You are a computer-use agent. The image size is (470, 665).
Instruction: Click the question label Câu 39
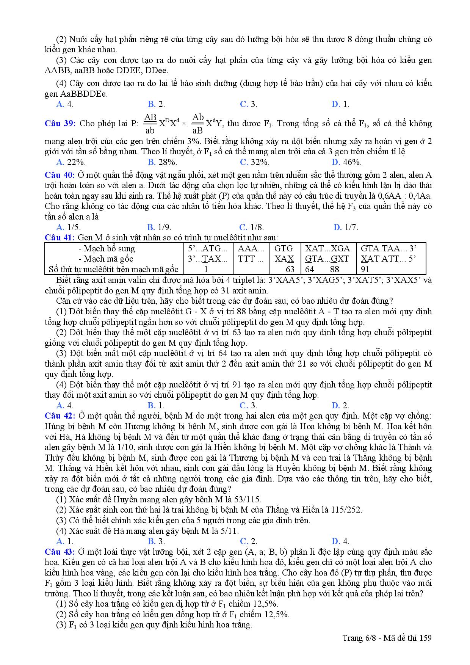click(60, 124)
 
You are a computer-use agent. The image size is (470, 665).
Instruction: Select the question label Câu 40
click(60, 175)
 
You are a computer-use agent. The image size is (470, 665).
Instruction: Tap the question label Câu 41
click(60, 238)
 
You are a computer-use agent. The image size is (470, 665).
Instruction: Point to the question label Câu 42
click(60, 416)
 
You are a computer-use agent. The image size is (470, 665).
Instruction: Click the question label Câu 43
click(60, 552)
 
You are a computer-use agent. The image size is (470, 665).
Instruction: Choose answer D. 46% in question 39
click(346, 162)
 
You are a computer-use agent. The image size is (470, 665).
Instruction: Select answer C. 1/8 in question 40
click(252, 227)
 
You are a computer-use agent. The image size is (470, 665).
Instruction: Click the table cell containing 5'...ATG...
click(208, 249)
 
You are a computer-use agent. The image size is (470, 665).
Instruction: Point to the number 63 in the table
click(290, 270)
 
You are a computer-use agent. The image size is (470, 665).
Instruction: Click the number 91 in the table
click(365, 270)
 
